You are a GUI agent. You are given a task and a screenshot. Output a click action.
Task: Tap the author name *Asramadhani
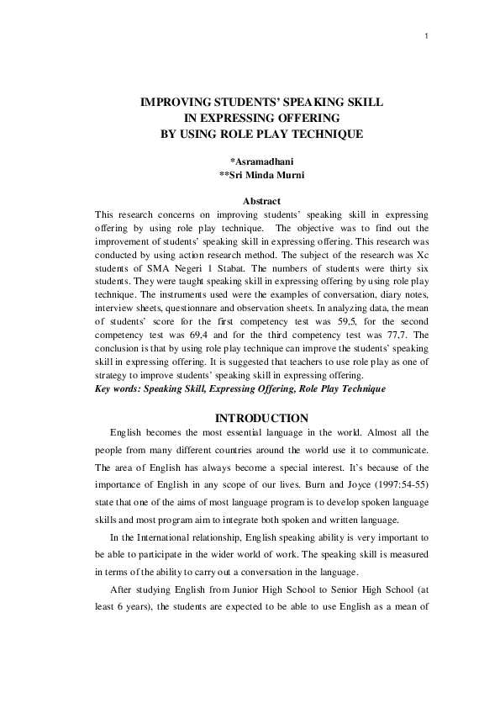coord(261,160)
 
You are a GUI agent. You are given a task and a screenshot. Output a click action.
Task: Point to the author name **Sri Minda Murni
coord(261,175)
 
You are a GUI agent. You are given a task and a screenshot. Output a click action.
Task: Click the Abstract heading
coord(261,201)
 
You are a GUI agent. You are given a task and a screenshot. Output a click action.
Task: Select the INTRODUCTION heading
coord(261,418)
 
